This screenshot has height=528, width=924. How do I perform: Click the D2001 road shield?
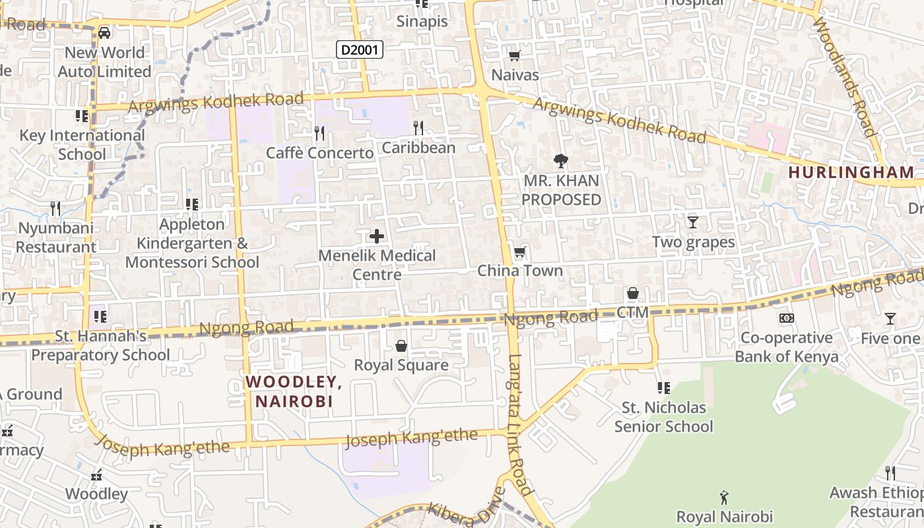[x=360, y=49]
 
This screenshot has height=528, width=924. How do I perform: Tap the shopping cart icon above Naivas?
[x=514, y=56]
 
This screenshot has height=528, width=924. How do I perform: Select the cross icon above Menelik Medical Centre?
[x=377, y=236]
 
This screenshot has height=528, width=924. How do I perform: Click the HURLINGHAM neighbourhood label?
[x=851, y=172]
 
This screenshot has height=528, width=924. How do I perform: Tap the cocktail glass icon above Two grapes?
[x=692, y=222]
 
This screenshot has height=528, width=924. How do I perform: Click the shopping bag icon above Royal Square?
[x=401, y=346]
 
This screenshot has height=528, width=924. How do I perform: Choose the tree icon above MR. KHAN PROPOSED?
[x=561, y=160]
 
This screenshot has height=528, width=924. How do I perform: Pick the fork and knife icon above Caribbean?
[x=418, y=127]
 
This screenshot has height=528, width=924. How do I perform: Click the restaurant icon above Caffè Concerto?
[x=319, y=133]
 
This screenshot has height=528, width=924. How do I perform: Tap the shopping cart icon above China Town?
[x=519, y=252]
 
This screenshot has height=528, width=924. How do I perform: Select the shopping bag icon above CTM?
[x=632, y=293]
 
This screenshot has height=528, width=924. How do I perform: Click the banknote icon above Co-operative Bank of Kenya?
[x=786, y=318]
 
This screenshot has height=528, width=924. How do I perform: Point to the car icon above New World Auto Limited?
[x=104, y=32]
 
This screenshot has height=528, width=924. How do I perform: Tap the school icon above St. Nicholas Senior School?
[x=663, y=387]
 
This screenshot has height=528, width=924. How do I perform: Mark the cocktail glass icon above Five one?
[x=890, y=319]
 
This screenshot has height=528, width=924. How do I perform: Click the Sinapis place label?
[x=422, y=21]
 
